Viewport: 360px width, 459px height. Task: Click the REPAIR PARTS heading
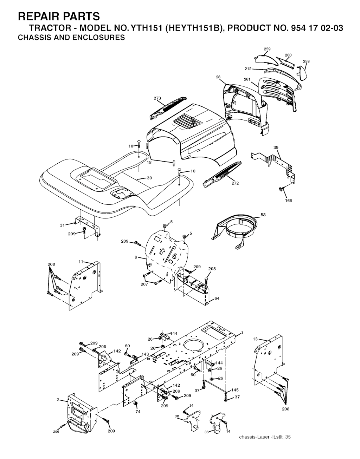tap(59, 16)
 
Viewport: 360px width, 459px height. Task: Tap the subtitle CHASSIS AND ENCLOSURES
tap(71, 38)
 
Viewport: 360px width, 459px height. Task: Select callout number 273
tap(157, 98)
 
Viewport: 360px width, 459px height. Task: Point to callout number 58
tap(263, 214)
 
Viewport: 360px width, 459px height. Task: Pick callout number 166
tap(288, 201)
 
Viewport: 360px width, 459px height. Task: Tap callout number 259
tap(267, 48)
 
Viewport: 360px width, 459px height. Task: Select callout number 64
tap(217, 298)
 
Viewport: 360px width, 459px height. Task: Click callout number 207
tap(144, 284)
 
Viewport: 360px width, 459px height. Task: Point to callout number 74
tap(138, 412)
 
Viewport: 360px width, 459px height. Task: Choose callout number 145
tap(235, 390)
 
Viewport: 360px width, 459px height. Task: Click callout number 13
tap(256, 339)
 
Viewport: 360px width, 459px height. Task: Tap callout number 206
tap(56, 432)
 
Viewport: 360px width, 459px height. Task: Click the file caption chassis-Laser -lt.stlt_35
tap(264, 437)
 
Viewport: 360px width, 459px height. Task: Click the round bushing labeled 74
tap(134, 403)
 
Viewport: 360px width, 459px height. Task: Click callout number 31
tap(63, 225)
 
